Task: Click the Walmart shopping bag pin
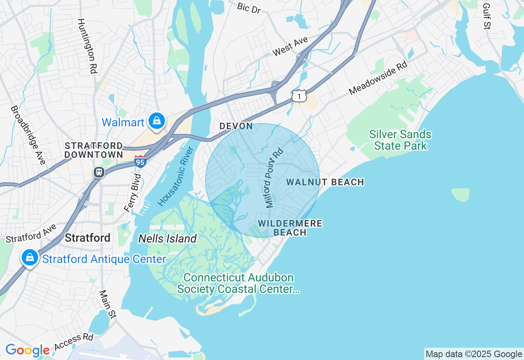click(x=156, y=121)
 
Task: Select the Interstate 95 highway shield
click(x=140, y=162)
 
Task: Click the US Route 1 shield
click(x=299, y=96)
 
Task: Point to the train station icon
click(x=99, y=172)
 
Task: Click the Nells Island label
click(x=167, y=239)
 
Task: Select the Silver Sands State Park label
click(x=400, y=140)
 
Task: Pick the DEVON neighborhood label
click(x=236, y=126)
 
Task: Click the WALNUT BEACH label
click(x=325, y=182)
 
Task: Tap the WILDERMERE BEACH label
click(x=290, y=228)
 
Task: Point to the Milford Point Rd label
click(x=274, y=178)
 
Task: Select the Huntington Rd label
click(x=87, y=46)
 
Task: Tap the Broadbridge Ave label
click(x=28, y=135)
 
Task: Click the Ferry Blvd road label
click(x=133, y=193)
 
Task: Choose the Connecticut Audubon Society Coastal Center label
click(x=238, y=283)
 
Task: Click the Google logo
click(x=27, y=351)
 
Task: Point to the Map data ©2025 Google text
click(x=474, y=354)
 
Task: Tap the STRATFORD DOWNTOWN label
click(x=94, y=150)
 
